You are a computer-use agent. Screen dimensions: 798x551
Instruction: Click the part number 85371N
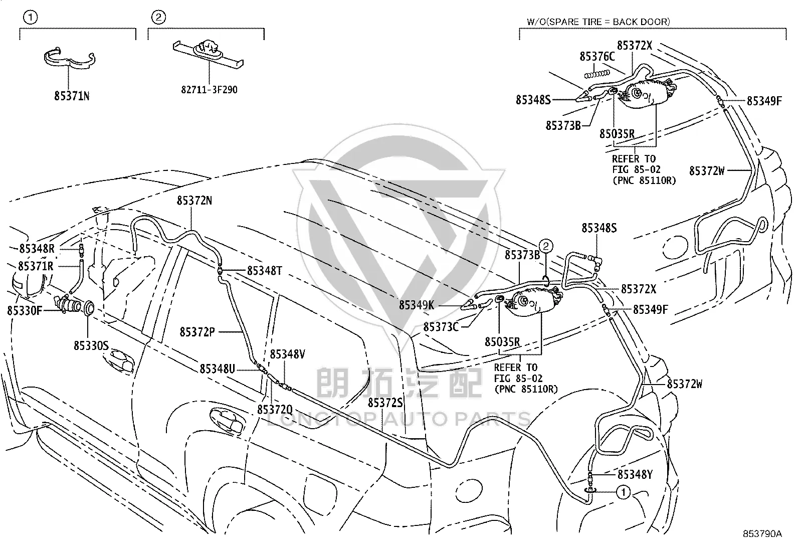72,96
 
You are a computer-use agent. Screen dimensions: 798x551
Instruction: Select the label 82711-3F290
209,89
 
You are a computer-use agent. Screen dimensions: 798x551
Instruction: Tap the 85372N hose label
194,201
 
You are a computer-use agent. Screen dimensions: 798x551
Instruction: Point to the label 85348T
264,271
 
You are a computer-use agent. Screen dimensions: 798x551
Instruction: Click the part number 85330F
24,311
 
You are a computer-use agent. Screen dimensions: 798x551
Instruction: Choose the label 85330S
91,345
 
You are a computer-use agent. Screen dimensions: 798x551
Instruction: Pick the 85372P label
197,332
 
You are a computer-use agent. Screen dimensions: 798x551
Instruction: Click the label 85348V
287,354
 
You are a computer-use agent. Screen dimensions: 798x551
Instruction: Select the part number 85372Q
275,410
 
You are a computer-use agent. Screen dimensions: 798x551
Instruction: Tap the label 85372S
385,403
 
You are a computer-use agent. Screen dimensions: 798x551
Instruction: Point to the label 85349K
417,305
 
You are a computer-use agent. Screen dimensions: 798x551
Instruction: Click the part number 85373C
441,327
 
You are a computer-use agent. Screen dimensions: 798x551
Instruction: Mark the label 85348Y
635,475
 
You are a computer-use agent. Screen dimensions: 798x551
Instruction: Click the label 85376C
597,56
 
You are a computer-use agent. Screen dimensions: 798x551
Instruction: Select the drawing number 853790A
762,533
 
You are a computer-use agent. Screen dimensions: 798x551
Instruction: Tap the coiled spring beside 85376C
597,74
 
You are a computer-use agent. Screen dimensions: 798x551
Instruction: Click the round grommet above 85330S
89,308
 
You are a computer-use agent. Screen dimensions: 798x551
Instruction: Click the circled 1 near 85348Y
623,492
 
